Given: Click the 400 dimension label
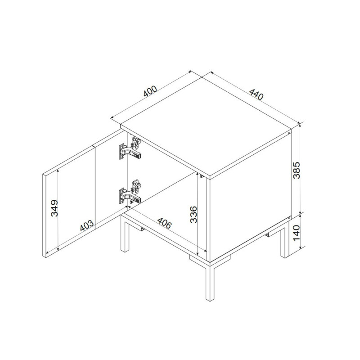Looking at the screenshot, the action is pyautogui.click(x=150, y=91).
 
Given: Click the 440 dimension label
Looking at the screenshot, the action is pyautogui.click(x=256, y=94).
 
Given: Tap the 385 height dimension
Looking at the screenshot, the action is pyautogui.click(x=297, y=170).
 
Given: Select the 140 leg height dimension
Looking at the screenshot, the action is pyautogui.click(x=297, y=233).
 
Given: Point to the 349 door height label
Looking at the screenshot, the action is pyautogui.click(x=54, y=208).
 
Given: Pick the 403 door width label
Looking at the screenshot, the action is pyautogui.click(x=87, y=225).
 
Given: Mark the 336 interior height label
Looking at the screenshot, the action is pyautogui.click(x=193, y=215).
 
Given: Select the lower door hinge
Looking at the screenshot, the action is pyautogui.click(x=130, y=193).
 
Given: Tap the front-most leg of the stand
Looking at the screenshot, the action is pyautogui.click(x=210, y=283).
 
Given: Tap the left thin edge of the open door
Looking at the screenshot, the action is pyautogui.click(x=44, y=216).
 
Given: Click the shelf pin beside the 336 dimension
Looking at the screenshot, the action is pyautogui.click(x=201, y=176).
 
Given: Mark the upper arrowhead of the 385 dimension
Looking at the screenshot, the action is pyautogui.click(x=300, y=125).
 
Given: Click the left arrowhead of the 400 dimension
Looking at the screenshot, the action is pyautogui.click(x=112, y=117).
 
